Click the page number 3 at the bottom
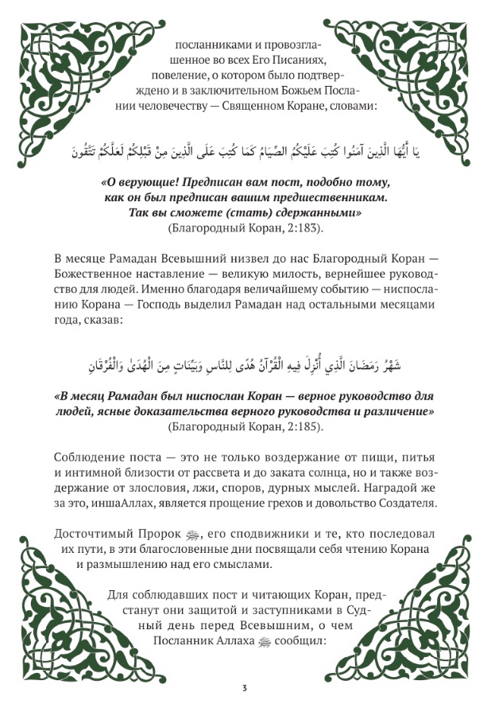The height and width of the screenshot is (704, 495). (x=246, y=686)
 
